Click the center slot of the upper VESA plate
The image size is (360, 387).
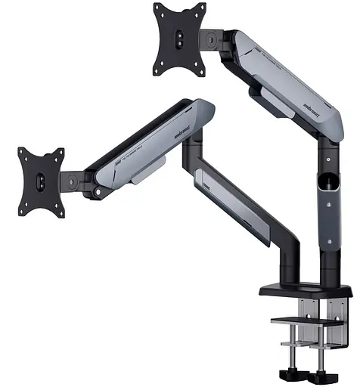pos(181,40)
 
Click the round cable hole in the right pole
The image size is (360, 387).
pos(331,182)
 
